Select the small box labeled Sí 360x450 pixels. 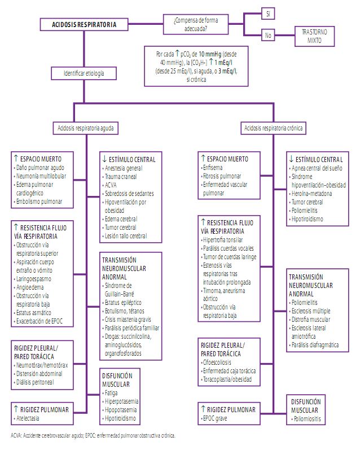[269, 13]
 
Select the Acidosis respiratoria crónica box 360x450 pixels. [274, 128]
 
